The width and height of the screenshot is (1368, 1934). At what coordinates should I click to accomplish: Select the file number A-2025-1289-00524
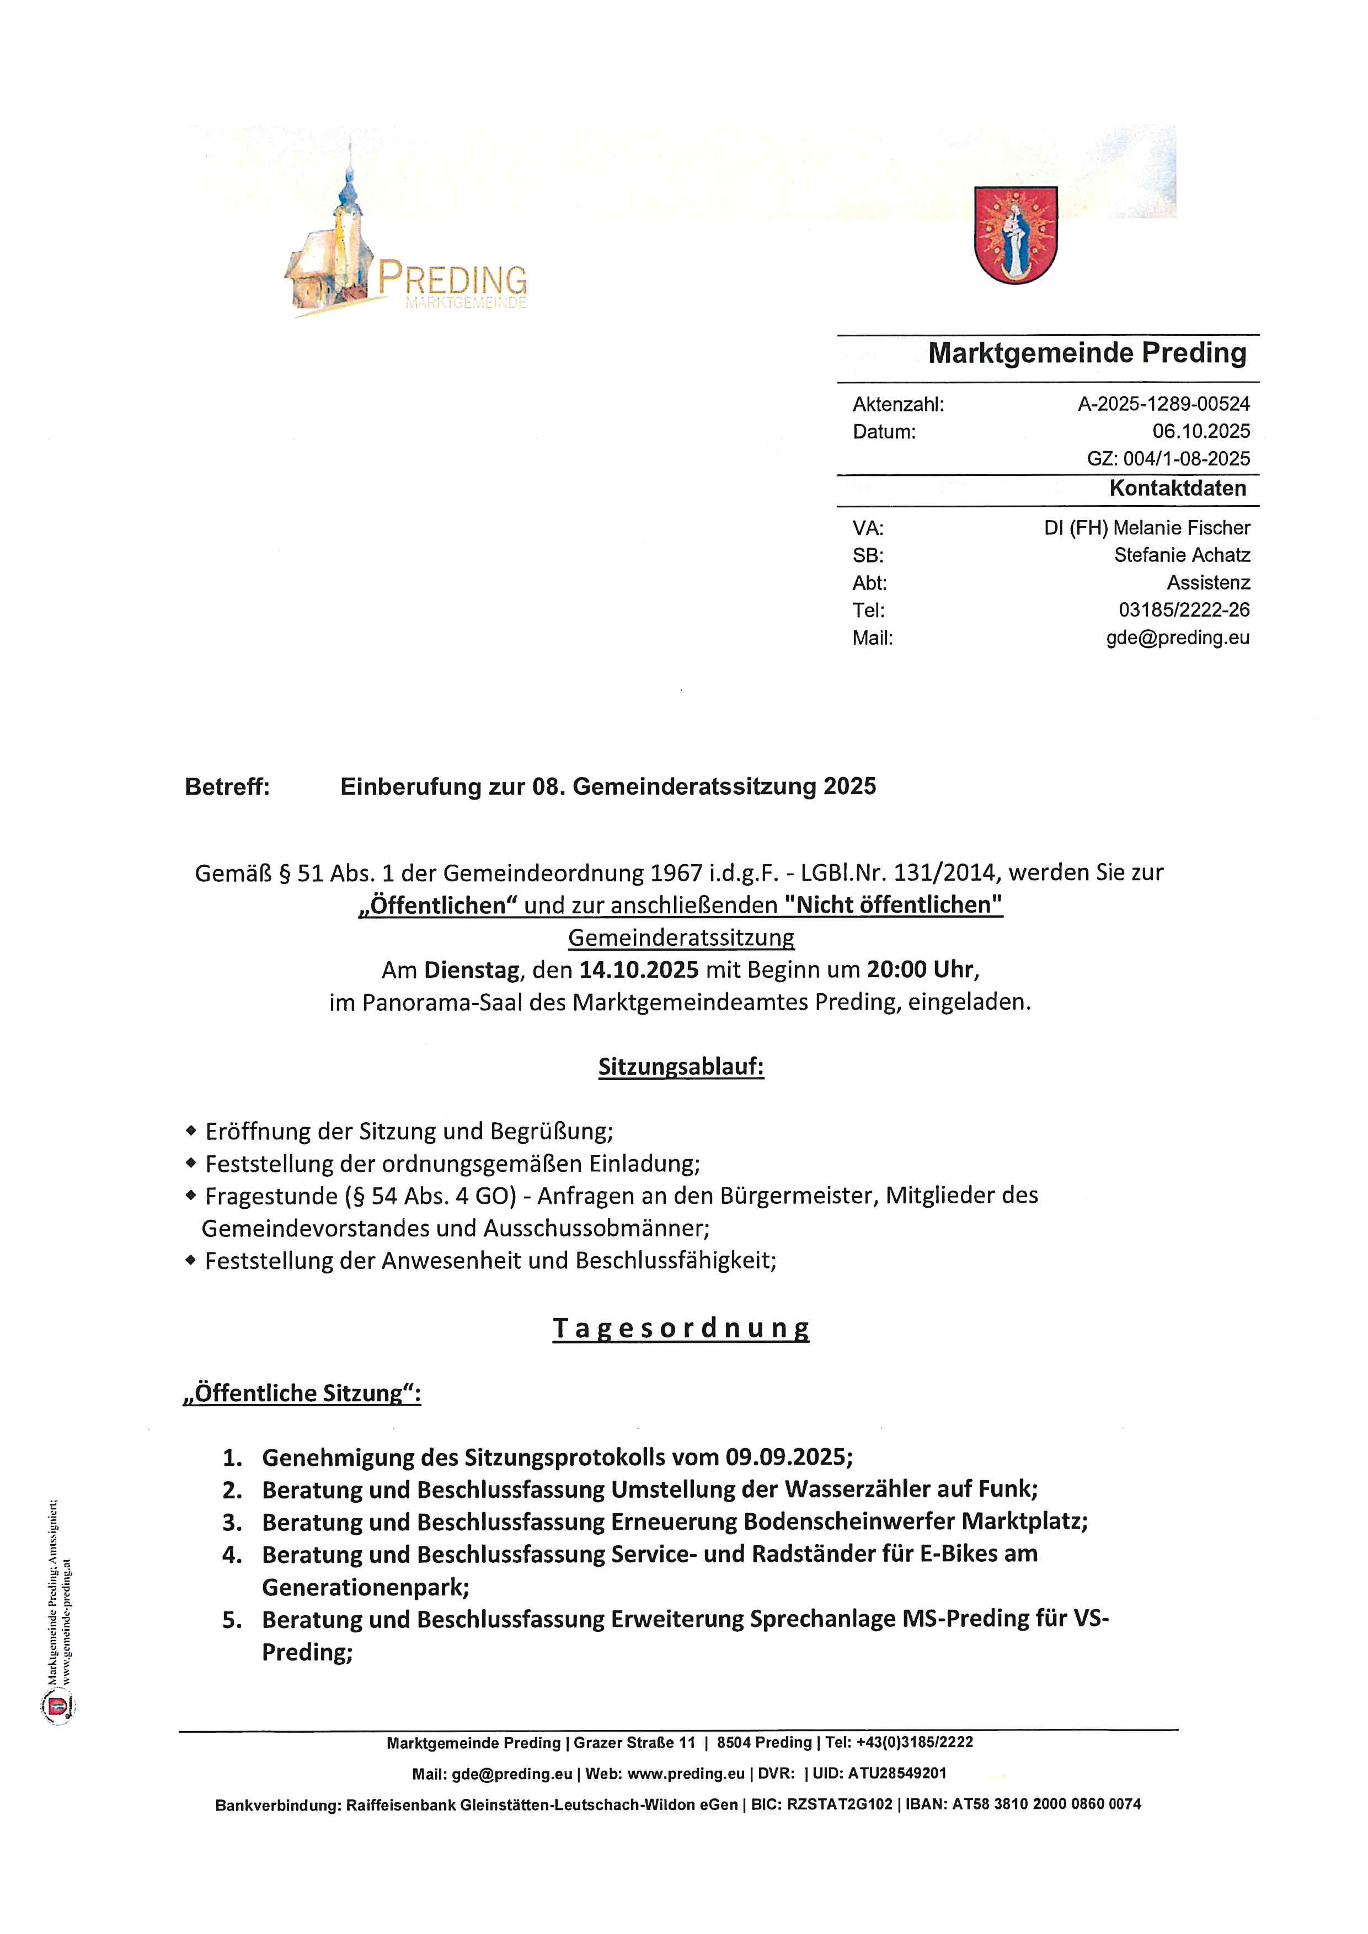[1163, 404]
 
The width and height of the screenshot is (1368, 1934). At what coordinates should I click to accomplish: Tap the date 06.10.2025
[1201, 431]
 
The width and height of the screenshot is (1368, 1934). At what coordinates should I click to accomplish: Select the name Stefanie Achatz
[1182, 555]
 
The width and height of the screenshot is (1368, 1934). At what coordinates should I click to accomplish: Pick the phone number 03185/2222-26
[1184, 610]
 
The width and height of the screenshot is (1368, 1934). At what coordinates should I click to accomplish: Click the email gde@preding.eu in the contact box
[1178, 637]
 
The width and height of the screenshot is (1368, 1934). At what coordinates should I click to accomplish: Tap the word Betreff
[227, 787]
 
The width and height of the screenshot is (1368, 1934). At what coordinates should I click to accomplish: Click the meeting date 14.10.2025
[639, 969]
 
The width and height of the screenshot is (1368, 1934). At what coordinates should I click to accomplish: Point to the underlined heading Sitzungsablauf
[681, 1067]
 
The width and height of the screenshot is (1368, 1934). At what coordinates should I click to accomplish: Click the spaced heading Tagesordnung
[681, 1328]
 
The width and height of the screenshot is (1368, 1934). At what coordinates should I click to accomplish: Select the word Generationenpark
[365, 1588]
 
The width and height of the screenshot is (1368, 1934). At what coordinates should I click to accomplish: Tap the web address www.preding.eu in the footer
[686, 1773]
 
